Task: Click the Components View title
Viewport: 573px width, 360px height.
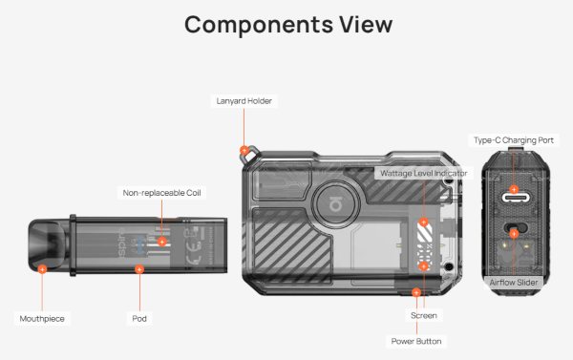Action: pyautogui.click(x=288, y=25)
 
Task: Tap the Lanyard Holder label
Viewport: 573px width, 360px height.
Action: pyautogui.click(x=244, y=101)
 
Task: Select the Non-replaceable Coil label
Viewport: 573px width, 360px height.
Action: pyautogui.click(x=162, y=193)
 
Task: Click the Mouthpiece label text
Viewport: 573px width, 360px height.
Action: pyautogui.click(x=42, y=318)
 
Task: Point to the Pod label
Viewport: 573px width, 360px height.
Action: pyautogui.click(x=139, y=318)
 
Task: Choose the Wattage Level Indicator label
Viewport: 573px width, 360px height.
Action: pyautogui.click(x=423, y=173)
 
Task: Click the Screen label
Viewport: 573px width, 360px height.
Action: pyautogui.click(x=423, y=315)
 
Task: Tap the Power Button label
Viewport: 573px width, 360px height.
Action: pyautogui.click(x=416, y=341)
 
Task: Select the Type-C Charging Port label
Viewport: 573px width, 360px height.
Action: pyautogui.click(x=514, y=140)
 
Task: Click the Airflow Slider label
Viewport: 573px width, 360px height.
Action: pyautogui.click(x=514, y=282)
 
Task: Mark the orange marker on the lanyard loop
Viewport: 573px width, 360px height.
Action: pyautogui.click(x=244, y=150)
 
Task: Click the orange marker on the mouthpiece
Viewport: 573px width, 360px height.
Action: pyautogui.click(x=42, y=269)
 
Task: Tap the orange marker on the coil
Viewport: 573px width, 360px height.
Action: pyautogui.click(x=162, y=242)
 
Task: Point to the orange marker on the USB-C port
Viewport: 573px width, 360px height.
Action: pyautogui.click(x=514, y=189)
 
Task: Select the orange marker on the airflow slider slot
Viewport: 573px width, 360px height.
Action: pyautogui.click(x=514, y=234)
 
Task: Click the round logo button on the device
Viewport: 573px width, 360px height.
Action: pyautogui.click(x=335, y=204)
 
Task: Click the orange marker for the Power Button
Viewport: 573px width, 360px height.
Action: pyautogui.click(x=416, y=292)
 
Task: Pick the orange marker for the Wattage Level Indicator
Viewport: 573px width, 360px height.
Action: pyautogui.click(x=423, y=222)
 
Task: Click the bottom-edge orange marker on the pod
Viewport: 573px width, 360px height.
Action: pyautogui.click(x=139, y=269)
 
